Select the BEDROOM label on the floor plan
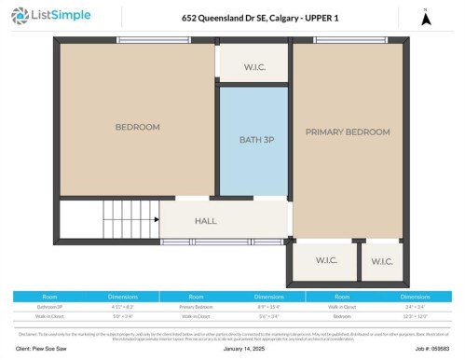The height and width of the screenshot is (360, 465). tap(137, 127)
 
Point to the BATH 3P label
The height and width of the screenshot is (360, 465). tap(253, 140)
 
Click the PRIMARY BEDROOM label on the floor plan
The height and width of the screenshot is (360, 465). tap(348, 132)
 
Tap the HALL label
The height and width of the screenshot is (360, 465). tap(206, 221)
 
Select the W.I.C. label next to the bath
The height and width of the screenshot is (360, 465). tap(253, 66)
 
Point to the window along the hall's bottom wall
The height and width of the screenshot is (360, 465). tap(224, 242)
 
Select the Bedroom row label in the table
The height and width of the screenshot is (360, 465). tap(343, 314)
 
